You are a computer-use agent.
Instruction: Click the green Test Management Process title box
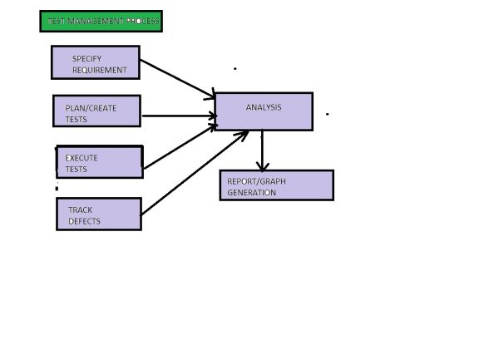[x=101, y=21]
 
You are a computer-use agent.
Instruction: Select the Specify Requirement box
[x=95, y=62]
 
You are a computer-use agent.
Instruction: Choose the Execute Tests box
[x=100, y=162]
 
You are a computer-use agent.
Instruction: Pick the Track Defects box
[x=98, y=215]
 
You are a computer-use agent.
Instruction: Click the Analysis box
[x=264, y=111]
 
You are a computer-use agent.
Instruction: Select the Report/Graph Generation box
[x=276, y=185]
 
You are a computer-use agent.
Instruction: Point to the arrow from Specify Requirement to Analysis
[x=177, y=77]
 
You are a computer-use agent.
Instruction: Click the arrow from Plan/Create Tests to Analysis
[x=177, y=116]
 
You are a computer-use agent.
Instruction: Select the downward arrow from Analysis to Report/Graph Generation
[x=263, y=150]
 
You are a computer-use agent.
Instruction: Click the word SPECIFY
[x=86, y=59]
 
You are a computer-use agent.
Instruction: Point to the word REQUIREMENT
[x=100, y=71]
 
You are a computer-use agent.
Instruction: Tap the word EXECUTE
[x=82, y=158]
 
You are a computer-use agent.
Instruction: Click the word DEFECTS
[x=84, y=221]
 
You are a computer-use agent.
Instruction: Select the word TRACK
[x=81, y=210]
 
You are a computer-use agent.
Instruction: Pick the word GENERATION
[x=251, y=192]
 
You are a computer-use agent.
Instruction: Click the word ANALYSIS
[x=264, y=107]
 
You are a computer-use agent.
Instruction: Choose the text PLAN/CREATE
[x=91, y=108]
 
